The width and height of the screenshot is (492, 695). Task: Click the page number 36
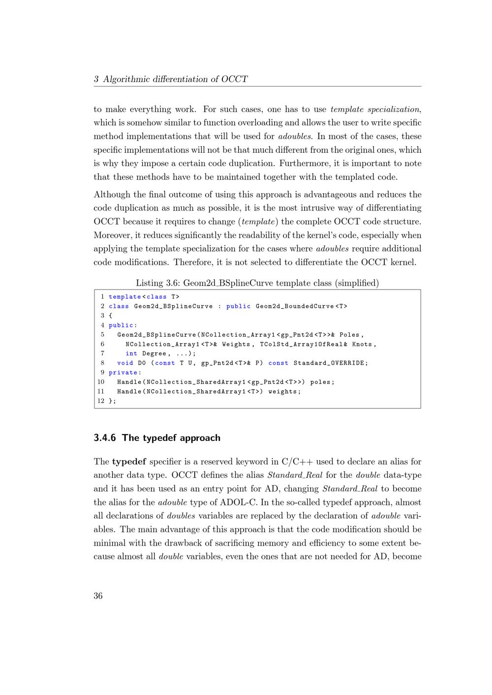click(x=98, y=596)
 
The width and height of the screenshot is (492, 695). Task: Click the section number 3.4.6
click(x=105, y=438)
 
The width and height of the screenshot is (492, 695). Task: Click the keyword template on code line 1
click(x=125, y=297)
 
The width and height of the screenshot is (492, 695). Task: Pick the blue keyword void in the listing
click(x=125, y=363)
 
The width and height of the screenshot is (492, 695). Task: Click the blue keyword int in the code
click(x=131, y=354)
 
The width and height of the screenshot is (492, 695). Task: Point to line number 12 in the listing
click(x=101, y=401)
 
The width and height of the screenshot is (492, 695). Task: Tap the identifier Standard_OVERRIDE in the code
click(x=329, y=363)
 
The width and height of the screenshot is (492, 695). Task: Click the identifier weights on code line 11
click(x=283, y=392)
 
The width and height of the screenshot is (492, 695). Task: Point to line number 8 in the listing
click(x=102, y=363)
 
